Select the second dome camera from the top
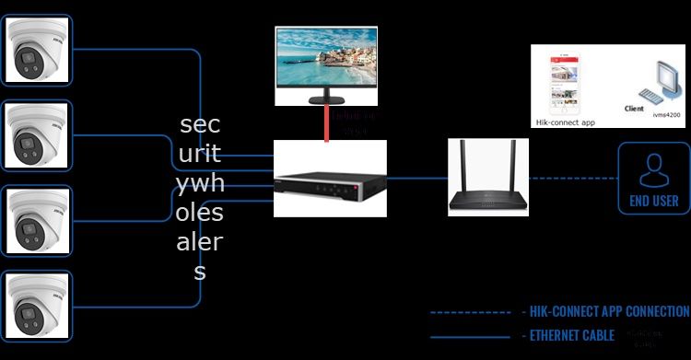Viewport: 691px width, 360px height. coord(37,137)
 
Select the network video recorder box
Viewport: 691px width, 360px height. coord(330,179)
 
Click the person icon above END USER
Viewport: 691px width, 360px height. coord(653,169)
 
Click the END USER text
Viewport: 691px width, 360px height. coord(653,201)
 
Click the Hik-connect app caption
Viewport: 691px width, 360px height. coord(566,122)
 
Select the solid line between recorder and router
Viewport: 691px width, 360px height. coord(416,178)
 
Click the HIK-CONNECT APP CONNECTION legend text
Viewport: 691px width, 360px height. coord(604,311)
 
